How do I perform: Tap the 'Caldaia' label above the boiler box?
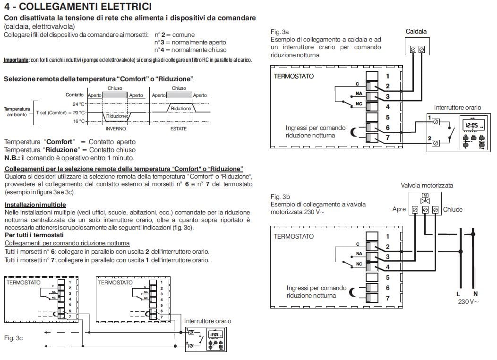pyautogui.click(x=416, y=32)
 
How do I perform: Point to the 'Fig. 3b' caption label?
pyautogui.click(x=280, y=197)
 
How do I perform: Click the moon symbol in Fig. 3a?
pyautogui.click(x=354, y=132)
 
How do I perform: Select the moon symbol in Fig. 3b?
pyautogui.click(x=354, y=292)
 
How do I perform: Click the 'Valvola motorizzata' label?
pyautogui.click(x=427, y=185)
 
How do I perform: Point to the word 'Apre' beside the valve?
pyautogui.click(x=399, y=209)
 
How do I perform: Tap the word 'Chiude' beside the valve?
pyautogui.click(x=453, y=209)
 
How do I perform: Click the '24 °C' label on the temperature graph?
pyautogui.click(x=79, y=104)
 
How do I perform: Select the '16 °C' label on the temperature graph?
pyautogui.click(x=79, y=121)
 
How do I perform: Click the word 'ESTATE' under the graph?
pyautogui.click(x=179, y=129)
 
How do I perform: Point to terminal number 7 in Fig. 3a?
pyautogui.click(x=387, y=137)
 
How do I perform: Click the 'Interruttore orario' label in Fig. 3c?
pyautogui.click(x=208, y=321)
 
